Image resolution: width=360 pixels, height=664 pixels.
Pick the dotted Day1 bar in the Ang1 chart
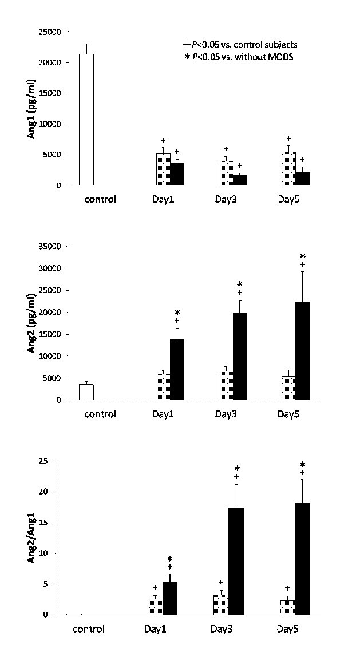(x=163, y=169)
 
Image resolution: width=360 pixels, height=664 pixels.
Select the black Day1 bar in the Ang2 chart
(x=177, y=370)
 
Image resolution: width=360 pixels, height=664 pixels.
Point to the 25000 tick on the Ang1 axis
(x=49, y=32)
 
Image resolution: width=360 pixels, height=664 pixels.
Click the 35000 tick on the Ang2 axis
(x=49, y=247)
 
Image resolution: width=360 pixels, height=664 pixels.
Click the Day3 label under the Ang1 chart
(x=227, y=200)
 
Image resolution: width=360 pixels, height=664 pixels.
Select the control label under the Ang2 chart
(x=100, y=414)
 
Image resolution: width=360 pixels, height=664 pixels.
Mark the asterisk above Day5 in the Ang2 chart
(x=303, y=256)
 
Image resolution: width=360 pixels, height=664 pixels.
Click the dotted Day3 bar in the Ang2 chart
(x=226, y=386)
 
